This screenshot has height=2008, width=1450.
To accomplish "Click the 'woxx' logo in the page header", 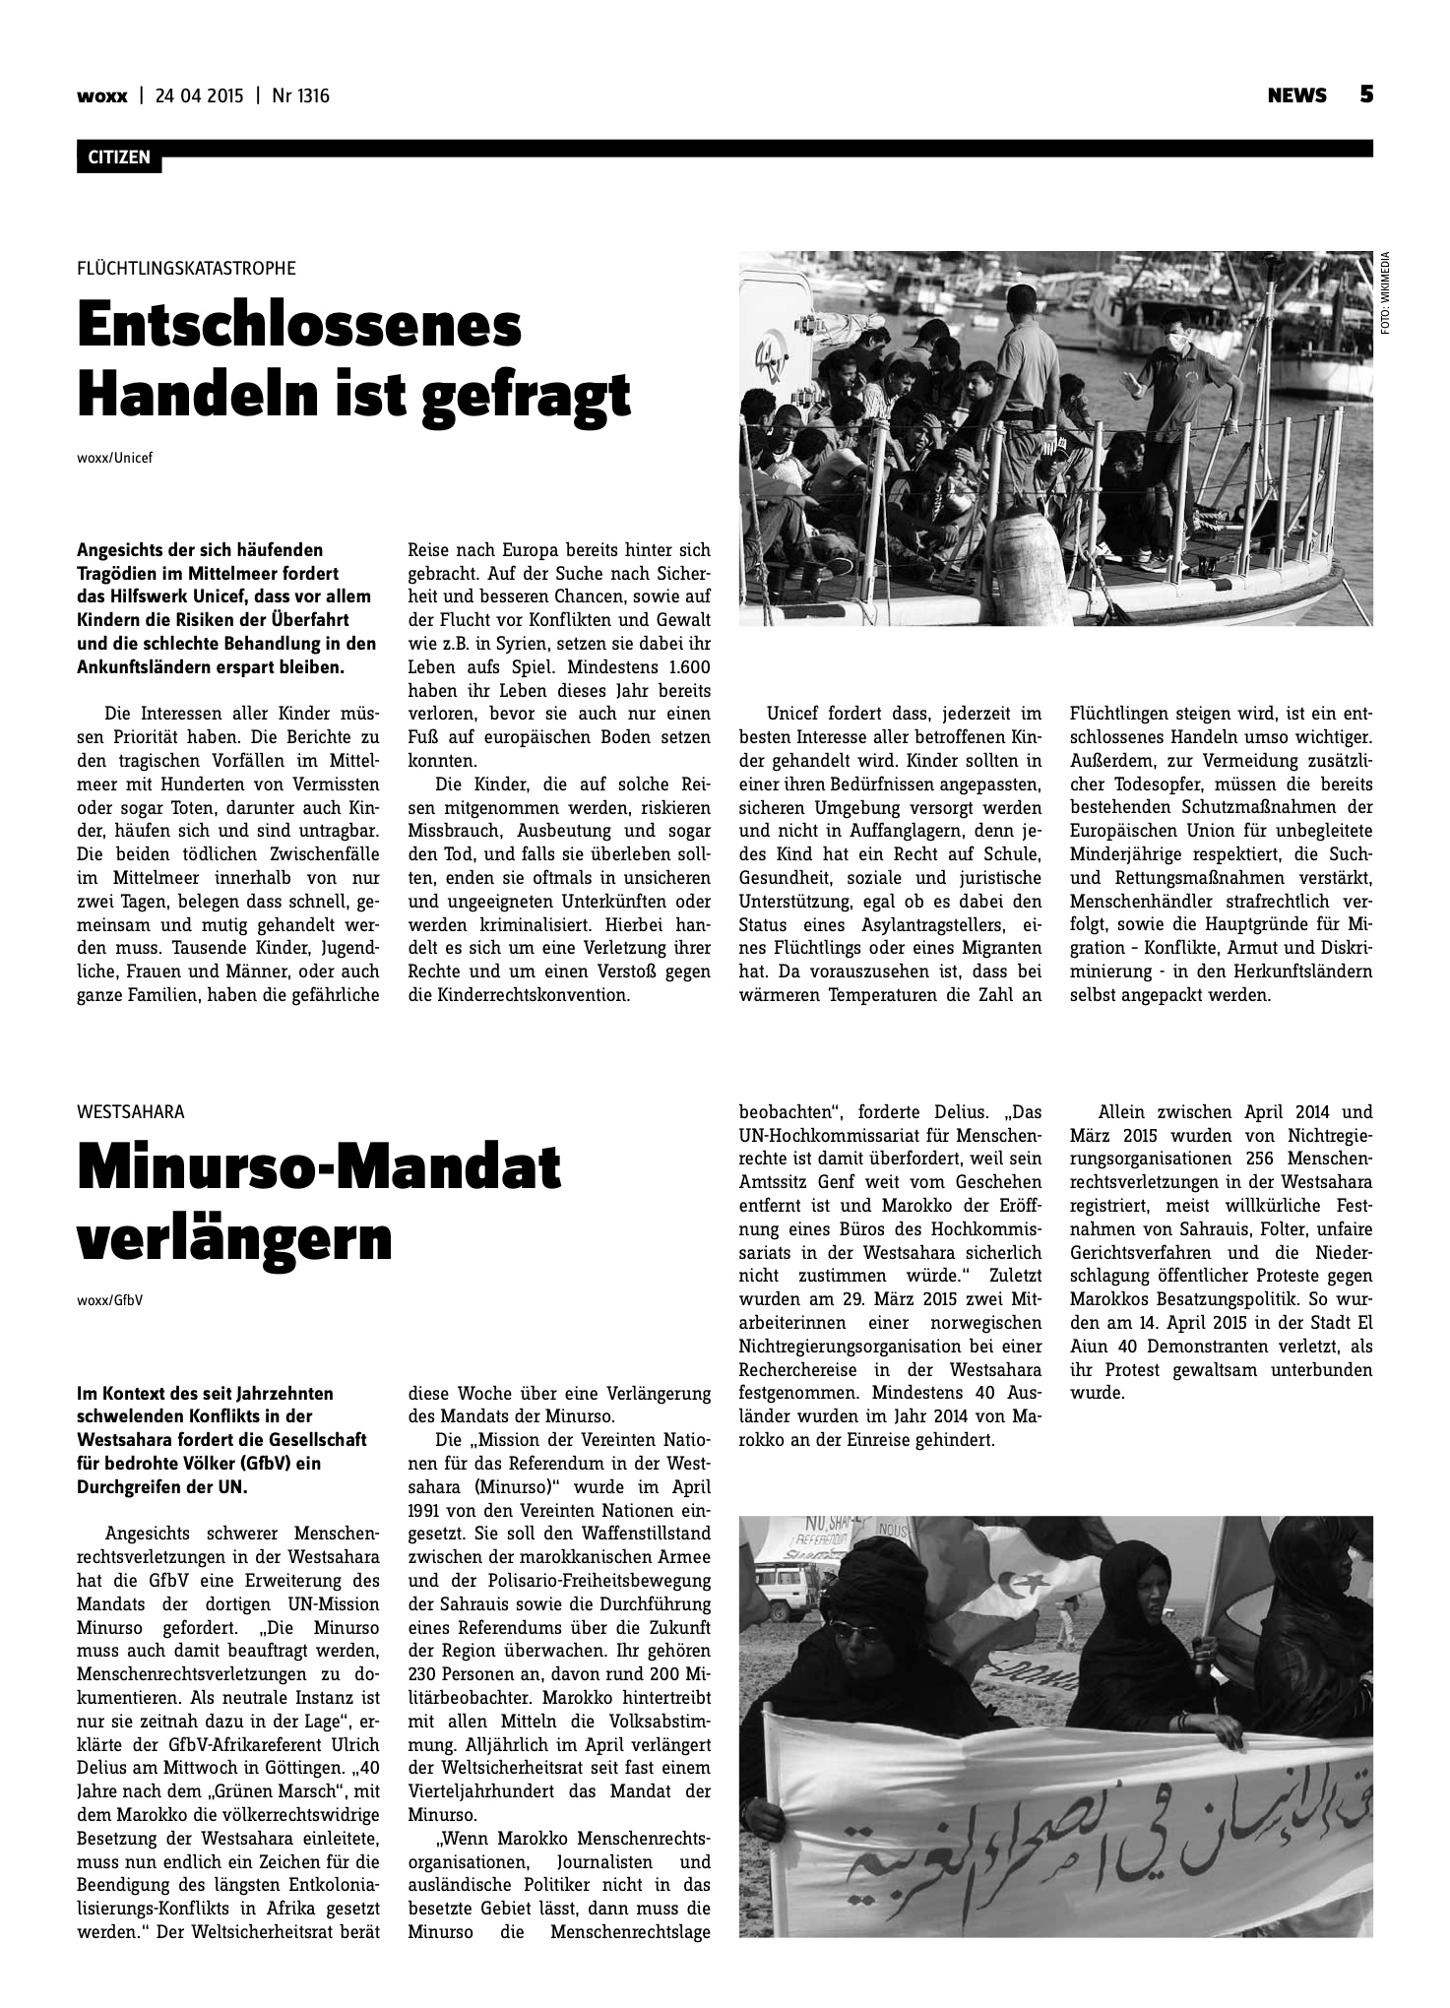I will pos(101,95).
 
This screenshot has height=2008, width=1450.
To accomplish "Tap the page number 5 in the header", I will pos(1365,94).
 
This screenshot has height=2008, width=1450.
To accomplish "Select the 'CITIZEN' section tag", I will pos(118,157).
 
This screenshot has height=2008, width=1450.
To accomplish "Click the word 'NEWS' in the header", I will pos(1296,95).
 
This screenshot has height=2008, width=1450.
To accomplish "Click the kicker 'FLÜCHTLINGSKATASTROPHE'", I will pos(186,268).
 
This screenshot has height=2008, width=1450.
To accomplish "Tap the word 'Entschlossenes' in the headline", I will pos(299,326).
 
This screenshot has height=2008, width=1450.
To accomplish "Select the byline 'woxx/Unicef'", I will pos(115,457).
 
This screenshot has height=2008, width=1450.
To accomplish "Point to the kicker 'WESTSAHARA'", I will pos(130,1112).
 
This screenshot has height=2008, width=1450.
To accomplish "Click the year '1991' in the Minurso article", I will pos(427,1510).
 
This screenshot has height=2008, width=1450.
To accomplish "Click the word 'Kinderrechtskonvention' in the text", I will pos(519,995).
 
